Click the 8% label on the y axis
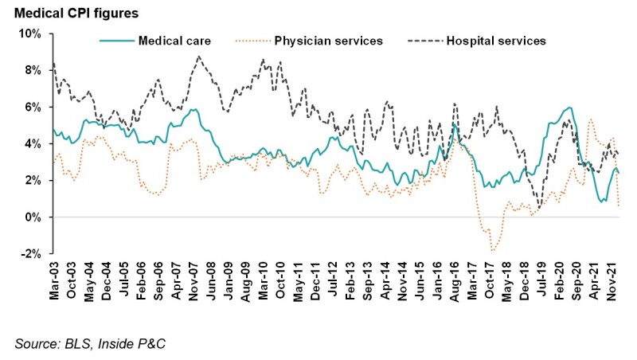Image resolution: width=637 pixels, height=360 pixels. click(32, 70)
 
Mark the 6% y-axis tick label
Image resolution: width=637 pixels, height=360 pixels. click(32, 107)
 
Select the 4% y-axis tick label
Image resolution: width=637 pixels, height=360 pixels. click(32, 143)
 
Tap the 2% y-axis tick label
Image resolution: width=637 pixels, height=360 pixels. click(32, 180)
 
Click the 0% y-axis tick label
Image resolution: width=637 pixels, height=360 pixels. click(32, 217)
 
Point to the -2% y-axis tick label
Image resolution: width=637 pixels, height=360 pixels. click(30, 253)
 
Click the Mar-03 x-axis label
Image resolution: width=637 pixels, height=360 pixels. click(53, 280)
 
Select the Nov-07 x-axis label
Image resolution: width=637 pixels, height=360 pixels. click(193, 280)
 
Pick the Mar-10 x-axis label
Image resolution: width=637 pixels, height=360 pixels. click(263, 280)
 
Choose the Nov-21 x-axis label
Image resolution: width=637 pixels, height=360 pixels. click(612, 280)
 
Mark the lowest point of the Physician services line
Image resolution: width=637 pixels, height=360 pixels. click(493, 251)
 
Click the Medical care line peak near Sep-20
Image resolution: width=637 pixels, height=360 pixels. click(569, 108)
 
